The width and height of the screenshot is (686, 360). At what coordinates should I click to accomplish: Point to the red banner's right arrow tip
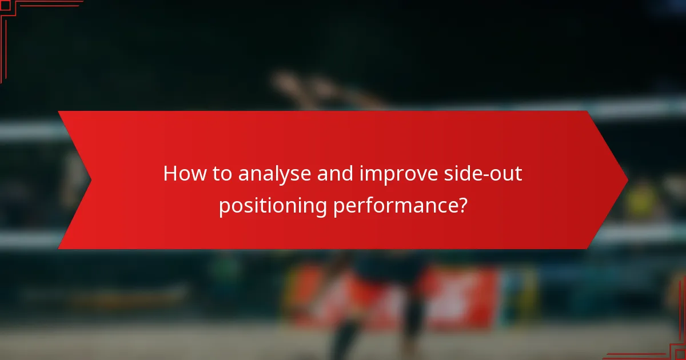627,180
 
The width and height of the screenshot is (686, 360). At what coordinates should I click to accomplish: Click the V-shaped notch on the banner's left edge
90,180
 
